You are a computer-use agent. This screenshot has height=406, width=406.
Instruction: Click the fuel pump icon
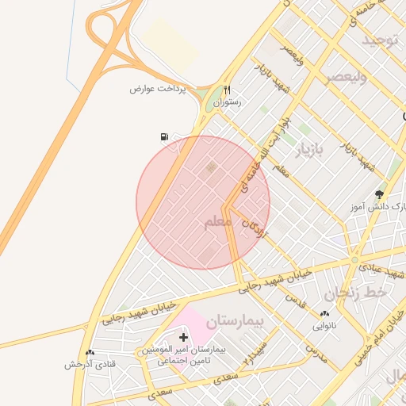pyautogui.click(x=164, y=136)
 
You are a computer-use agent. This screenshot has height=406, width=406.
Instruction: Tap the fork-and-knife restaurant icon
pyautogui.click(x=227, y=90)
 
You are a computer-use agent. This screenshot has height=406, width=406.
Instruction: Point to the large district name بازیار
pyautogui.click(x=311, y=149)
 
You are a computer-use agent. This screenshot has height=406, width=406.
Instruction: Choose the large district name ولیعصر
pyautogui.click(x=347, y=77)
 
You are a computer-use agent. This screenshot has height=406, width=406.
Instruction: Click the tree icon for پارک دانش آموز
pyautogui.click(x=379, y=193)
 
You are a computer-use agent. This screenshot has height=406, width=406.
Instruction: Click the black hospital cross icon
pyautogui.click(x=184, y=337)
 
